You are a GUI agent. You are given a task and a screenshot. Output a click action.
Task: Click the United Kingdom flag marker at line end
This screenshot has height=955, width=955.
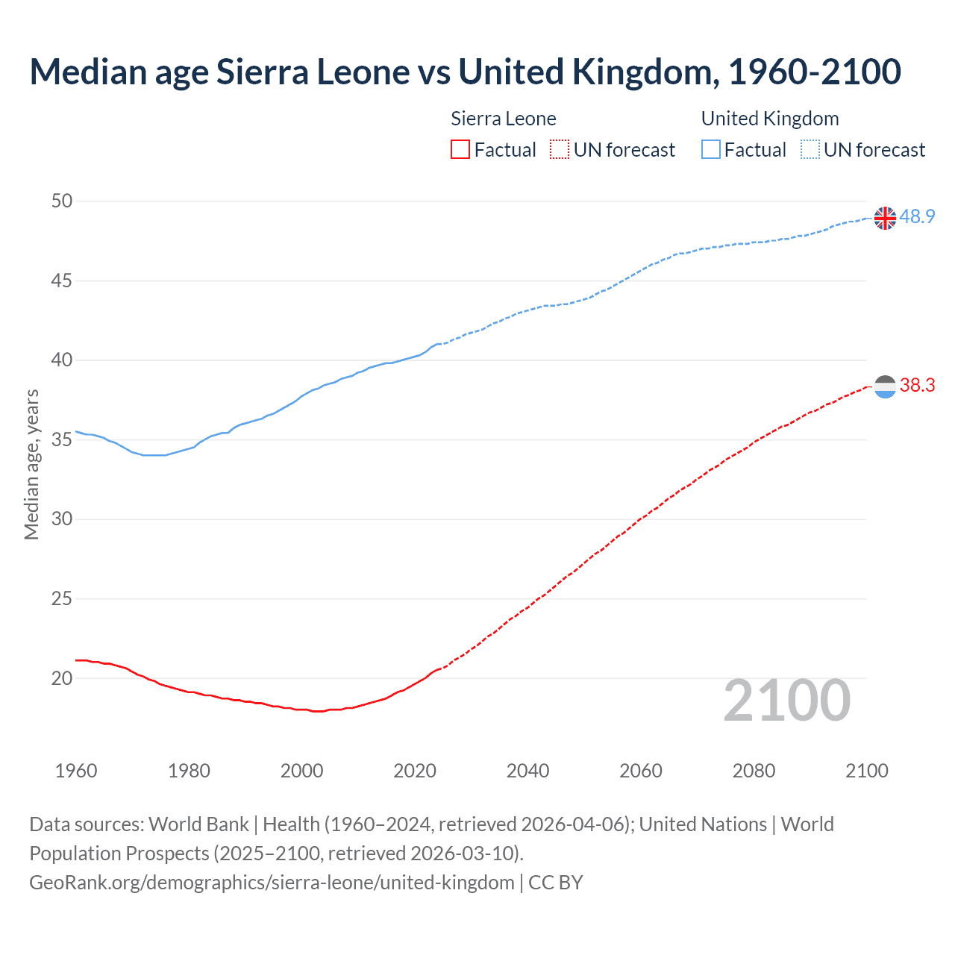(x=885, y=218)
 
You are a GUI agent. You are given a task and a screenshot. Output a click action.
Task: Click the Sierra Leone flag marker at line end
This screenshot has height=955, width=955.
(x=885, y=386)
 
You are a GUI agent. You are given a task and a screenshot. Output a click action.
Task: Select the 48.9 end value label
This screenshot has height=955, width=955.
(x=917, y=217)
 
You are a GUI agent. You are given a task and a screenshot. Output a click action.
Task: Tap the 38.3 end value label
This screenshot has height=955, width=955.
(x=917, y=386)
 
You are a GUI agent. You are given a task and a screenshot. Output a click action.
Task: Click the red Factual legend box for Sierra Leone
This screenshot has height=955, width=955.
(x=460, y=150)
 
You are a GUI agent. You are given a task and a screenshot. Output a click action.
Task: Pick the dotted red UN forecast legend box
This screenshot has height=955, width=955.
(x=560, y=150)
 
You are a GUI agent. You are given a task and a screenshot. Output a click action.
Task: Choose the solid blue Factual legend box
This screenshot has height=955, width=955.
(x=711, y=150)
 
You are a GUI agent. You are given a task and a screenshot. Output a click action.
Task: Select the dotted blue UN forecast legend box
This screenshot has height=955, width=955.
(x=810, y=150)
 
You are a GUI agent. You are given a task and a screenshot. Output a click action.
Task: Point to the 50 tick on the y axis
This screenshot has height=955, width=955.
(x=62, y=201)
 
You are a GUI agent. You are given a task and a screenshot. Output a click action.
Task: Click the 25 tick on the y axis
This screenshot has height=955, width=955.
(x=62, y=598)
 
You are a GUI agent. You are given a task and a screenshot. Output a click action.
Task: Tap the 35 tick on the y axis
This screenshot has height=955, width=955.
(x=62, y=439)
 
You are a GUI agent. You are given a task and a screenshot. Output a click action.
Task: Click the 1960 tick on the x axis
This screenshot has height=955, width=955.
(x=76, y=771)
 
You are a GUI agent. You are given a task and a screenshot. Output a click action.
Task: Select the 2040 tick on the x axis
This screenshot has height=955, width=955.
(x=527, y=771)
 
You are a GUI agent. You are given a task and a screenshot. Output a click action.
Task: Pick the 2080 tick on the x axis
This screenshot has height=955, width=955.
(x=754, y=771)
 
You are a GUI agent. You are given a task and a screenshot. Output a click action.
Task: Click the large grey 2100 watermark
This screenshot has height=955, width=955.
(x=787, y=700)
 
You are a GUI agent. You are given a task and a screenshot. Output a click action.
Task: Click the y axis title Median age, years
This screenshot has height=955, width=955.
(x=31, y=464)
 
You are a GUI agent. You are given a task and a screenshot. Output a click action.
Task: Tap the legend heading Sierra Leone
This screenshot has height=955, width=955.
(x=504, y=119)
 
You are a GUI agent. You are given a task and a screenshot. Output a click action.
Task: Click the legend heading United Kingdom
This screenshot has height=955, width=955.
(x=770, y=119)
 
